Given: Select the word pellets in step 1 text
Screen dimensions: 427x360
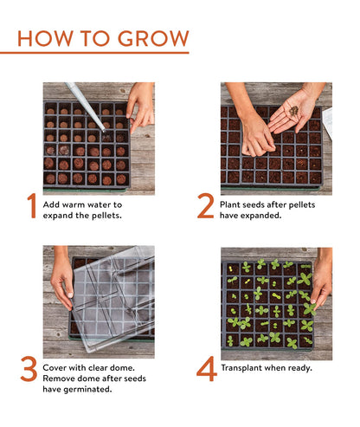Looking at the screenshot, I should [105, 214].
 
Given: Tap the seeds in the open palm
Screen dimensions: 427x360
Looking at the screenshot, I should [293, 110].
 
